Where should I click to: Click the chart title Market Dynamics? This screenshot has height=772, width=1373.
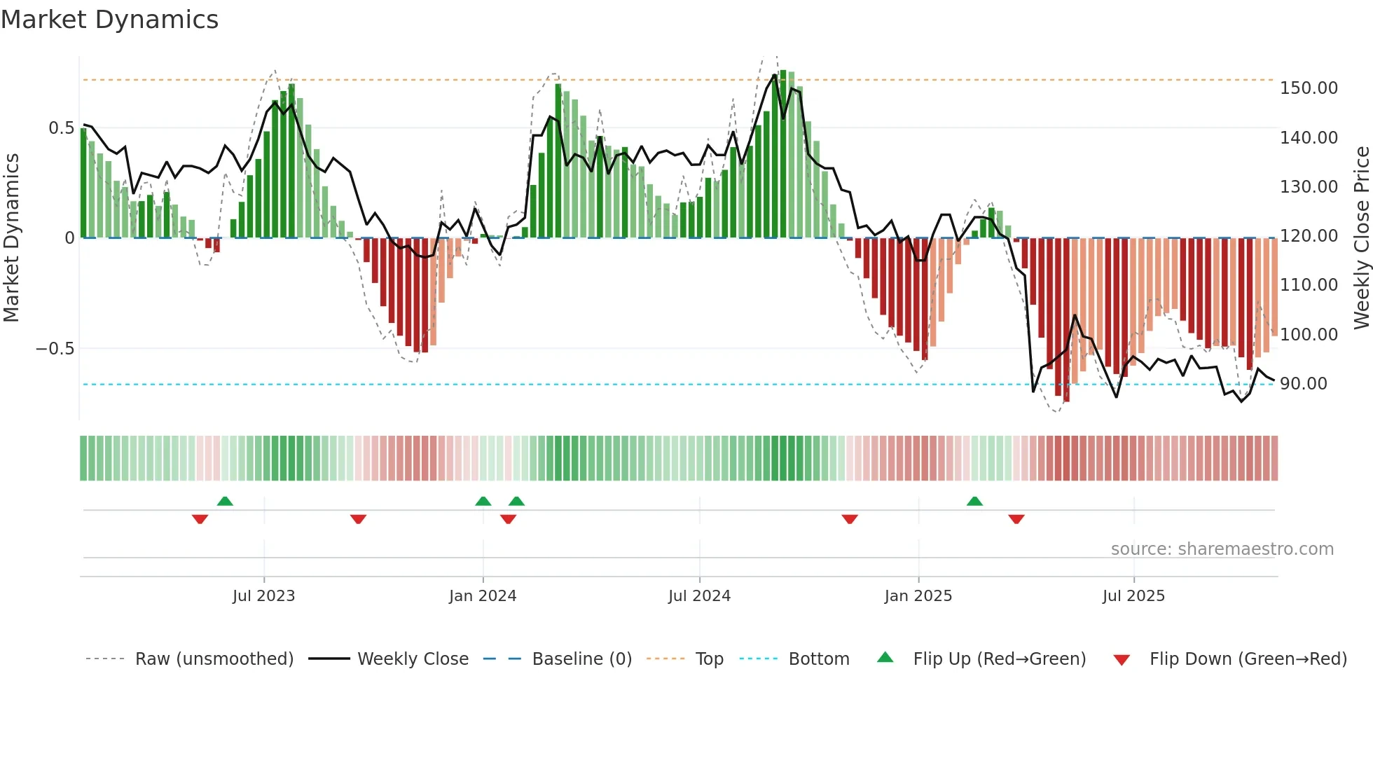(109, 20)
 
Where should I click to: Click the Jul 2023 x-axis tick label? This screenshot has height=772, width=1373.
(263, 596)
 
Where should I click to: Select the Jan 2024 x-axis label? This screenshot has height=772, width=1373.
(483, 596)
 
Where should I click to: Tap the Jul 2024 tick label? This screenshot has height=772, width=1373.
(699, 596)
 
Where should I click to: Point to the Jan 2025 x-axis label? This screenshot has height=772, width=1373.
(918, 596)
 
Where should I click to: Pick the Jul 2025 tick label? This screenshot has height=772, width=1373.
(1133, 596)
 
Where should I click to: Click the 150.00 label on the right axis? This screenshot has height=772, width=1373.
(1309, 88)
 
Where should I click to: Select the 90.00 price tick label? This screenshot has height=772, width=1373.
(1303, 384)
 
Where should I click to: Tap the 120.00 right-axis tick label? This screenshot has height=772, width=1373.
(1309, 236)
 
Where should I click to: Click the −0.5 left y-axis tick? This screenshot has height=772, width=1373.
(55, 349)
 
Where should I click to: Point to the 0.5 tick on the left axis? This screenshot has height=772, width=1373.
(61, 128)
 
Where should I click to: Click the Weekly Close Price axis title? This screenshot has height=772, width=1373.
(1361, 237)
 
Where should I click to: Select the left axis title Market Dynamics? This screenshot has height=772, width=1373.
(11, 237)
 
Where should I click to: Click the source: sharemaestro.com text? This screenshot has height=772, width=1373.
(1222, 549)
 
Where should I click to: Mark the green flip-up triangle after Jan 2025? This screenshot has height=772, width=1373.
(974, 502)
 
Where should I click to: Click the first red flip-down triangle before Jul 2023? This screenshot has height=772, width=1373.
(200, 519)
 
